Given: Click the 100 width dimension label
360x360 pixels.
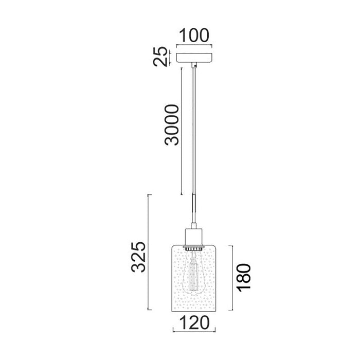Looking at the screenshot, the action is pos(194,35).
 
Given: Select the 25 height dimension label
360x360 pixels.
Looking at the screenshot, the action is pos(160,57).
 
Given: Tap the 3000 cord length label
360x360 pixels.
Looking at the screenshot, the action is pos(171,125).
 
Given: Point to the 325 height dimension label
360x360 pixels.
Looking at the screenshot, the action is pos(138,257).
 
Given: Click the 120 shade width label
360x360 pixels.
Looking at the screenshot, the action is pos(194,322).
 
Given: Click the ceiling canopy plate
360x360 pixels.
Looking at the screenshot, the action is pos(194,58).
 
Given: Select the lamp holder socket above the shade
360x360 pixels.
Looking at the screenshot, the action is pos(194,237).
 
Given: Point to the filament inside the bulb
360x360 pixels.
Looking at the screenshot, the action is pos(193,276).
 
